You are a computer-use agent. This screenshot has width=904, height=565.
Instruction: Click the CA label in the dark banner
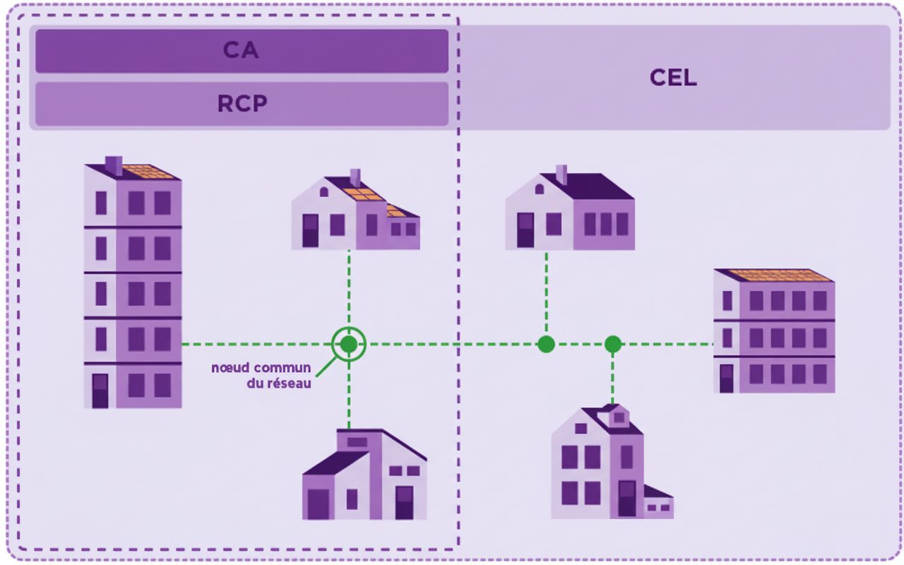[x=242, y=51]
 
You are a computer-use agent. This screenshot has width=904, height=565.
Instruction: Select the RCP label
[x=242, y=104]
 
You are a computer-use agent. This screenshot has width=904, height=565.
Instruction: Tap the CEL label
[x=673, y=78]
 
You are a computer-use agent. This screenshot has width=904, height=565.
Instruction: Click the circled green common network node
[x=349, y=344]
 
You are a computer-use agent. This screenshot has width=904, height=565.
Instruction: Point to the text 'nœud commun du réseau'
[x=261, y=376]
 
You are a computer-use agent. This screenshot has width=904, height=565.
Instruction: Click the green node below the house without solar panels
[x=546, y=344]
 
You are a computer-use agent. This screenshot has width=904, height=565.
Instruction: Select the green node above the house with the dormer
[x=612, y=344]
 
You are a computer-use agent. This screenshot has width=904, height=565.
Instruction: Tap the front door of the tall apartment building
[x=100, y=391]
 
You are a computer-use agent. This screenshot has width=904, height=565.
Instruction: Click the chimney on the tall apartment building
[x=114, y=165]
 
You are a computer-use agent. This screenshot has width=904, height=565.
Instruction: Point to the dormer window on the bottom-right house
[x=619, y=417]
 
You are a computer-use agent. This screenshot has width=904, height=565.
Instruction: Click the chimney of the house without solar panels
[x=561, y=174]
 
